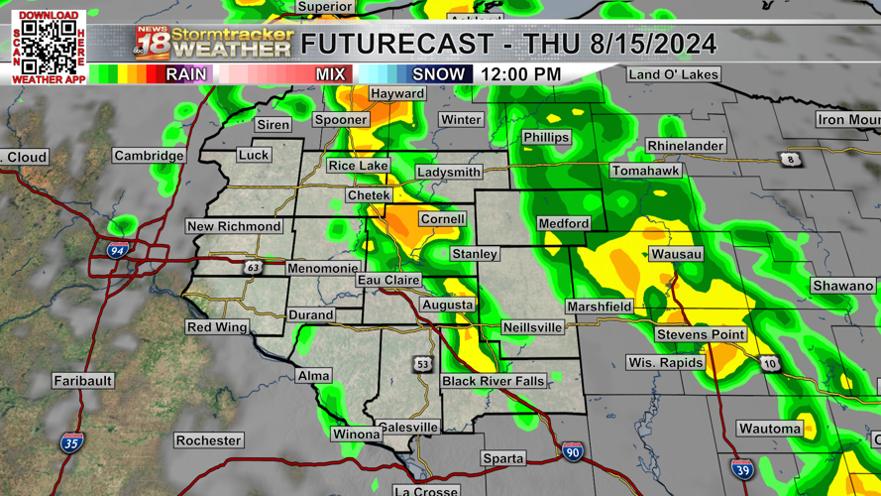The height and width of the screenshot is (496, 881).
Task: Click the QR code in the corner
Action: click(x=49, y=46)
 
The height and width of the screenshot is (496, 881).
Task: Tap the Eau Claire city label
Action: click(x=388, y=281)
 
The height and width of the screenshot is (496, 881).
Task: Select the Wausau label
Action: click(x=677, y=254)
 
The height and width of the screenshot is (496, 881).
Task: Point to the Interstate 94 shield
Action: click(x=117, y=251)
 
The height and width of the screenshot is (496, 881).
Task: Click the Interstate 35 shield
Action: click(x=71, y=442)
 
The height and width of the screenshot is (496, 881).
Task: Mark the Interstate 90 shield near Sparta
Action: click(x=572, y=452)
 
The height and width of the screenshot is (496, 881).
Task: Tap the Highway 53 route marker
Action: click(x=423, y=364)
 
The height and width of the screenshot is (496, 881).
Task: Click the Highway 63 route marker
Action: click(x=254, y=268)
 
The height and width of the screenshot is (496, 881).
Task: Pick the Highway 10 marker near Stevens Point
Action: click(x=770, y=364)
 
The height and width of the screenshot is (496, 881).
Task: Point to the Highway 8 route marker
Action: click(x=790, y=160)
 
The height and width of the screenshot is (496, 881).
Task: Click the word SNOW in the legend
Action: click(x=438, y=74)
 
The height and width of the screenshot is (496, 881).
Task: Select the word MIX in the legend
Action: click(x=331, y=74)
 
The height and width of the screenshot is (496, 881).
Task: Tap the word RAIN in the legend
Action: click(x=186, y=74)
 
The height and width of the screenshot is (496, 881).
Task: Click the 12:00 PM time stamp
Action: click(x=521, y=74)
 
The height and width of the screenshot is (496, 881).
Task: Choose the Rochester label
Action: click(x=208, y=440)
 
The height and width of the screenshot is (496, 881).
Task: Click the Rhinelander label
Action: click(x=686, y=146)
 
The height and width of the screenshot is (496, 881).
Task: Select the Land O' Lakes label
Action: click(x=674, y=74)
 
